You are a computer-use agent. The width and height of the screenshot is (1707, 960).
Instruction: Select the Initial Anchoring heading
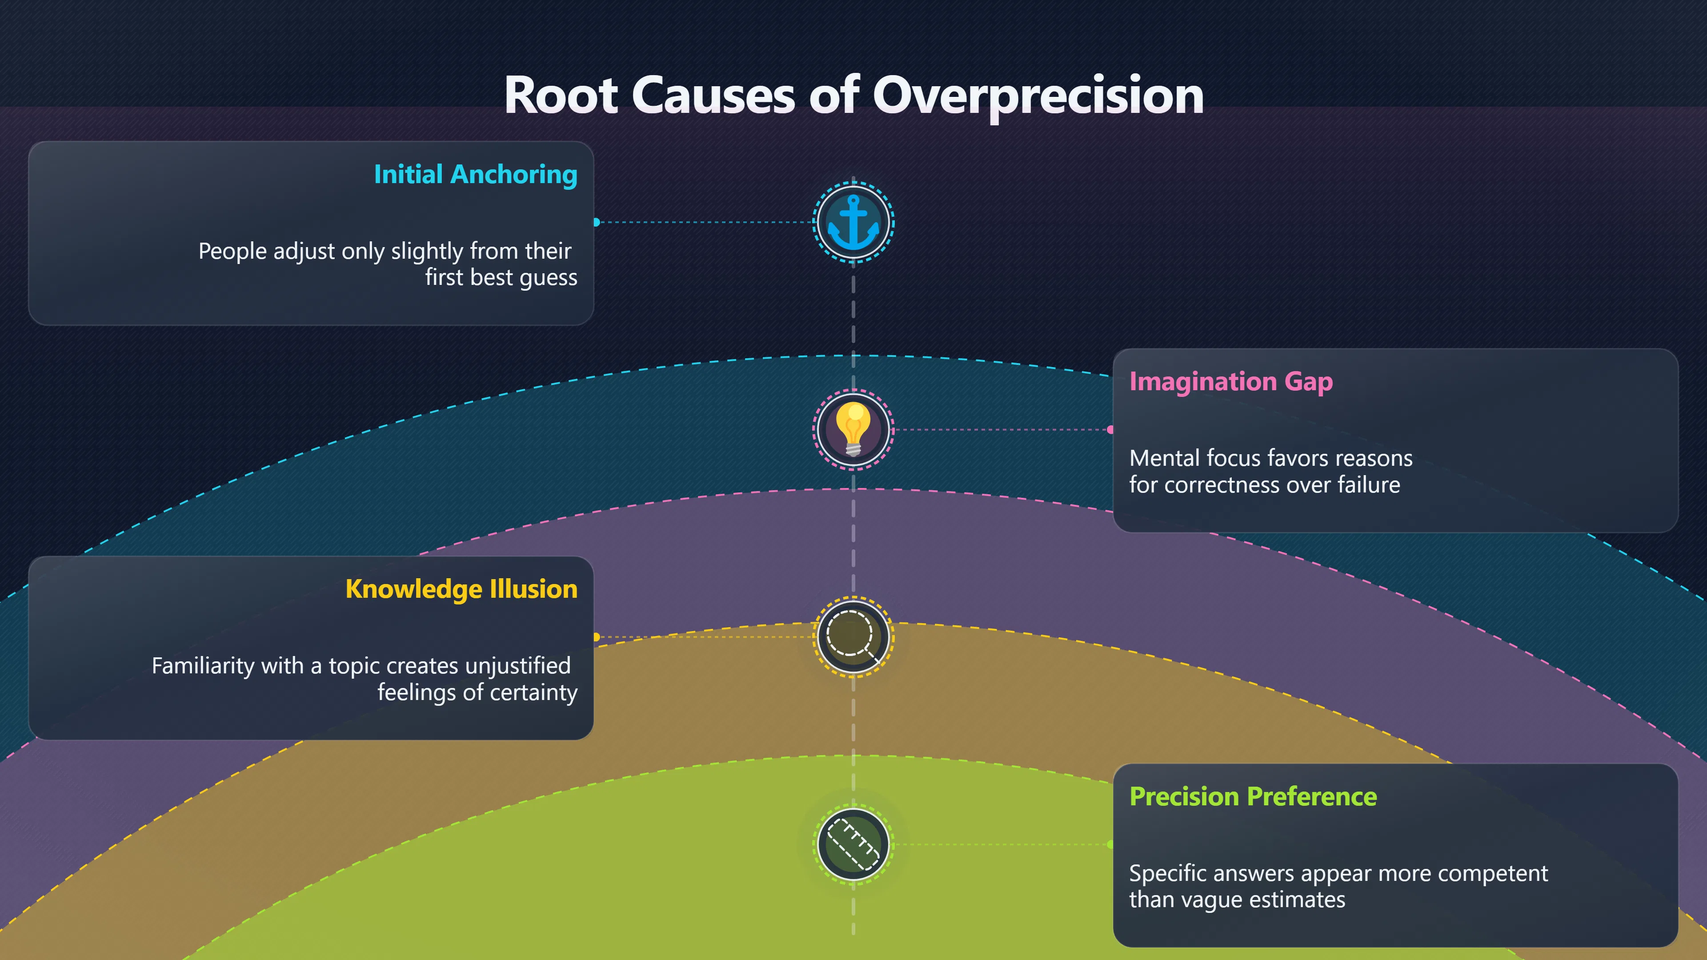pos(476,174)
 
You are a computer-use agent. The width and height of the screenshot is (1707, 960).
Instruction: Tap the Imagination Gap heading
pos(1230,382)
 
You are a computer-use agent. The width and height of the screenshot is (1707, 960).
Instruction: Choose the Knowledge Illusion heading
pos(461,589)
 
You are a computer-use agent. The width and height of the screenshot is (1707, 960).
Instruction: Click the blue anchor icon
pos(853,223)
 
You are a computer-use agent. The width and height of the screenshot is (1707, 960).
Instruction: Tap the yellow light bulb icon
pos(853,429)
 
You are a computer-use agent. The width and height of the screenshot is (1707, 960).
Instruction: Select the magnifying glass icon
pos(853,637)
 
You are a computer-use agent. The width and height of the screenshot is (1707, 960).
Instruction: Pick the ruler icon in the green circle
pos(853,844)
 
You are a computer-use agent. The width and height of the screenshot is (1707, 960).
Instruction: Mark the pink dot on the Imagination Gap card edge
pos(1110,429)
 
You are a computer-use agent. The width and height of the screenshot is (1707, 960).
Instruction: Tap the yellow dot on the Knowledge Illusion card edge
pos(597,637)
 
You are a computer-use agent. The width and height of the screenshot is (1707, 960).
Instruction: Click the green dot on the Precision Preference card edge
pos(1110,844)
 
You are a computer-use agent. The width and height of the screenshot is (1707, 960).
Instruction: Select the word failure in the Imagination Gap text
pos(1368,485)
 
